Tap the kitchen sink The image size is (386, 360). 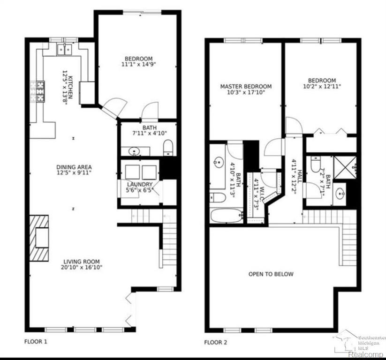click(65, 49)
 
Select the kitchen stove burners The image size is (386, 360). click(40, 91)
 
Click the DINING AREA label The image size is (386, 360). click(74, 167)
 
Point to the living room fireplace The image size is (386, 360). click(39, 238)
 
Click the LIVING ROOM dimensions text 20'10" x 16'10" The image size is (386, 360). click(82, 267)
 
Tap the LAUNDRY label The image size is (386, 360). click(140, 184)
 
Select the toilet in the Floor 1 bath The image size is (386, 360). click(168, 147)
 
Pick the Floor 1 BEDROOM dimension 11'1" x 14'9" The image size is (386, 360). click(139, 65)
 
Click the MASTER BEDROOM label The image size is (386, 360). click(246, 86)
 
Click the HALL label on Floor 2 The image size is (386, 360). click(300, 176)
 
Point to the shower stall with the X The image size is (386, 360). click(345, 167)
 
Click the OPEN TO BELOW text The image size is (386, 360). click(271, 274)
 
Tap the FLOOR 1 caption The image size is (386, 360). click(36, 342)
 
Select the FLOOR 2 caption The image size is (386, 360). click(216, 342)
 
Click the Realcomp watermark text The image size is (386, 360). click(366, 354)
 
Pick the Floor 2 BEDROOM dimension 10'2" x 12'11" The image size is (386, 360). click(322, 87)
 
